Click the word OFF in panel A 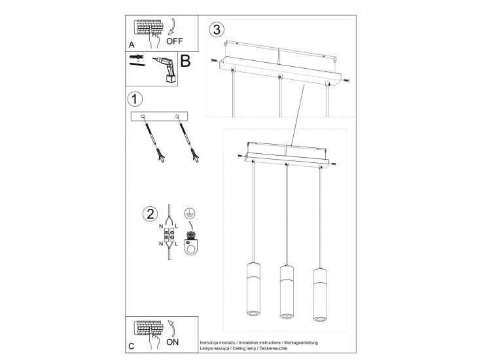tap(175, 41)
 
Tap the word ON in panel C tap(173, 342)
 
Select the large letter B tap(185, 60)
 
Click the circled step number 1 tap(134, 99)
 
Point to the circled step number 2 tap(151, 213)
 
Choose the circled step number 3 tap(217, 29)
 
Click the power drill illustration tap(166, 69)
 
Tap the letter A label tap(132, 45)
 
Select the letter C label tap(132, 346)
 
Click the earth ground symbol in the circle tap(190, 213)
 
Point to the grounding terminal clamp tap(191, 243)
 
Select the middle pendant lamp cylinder tap(287, 291)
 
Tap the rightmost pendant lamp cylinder tap(320, 295)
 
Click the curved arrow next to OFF tap(171, 27)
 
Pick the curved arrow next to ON tap(171, 328)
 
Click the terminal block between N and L tap(169, 236)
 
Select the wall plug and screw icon tap(137, 60)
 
